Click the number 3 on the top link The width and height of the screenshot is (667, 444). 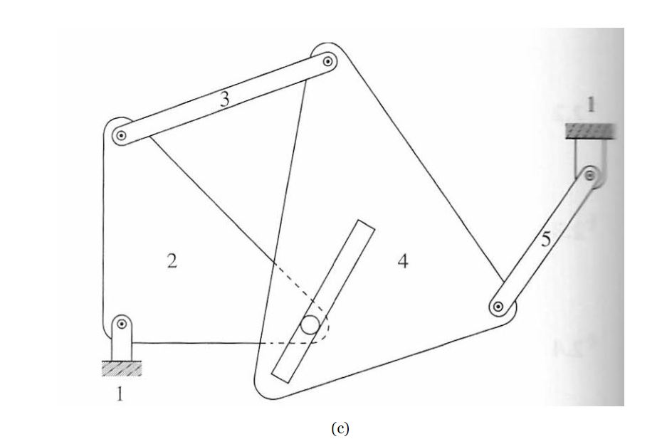click(225, 100)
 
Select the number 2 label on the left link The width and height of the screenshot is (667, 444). click(171, 261)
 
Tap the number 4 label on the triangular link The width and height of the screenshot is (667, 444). click(403, 262)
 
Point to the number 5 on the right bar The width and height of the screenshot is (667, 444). click(546, 240)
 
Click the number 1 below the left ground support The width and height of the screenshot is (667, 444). click(120, 393)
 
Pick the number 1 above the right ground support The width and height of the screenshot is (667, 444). click(590, 105)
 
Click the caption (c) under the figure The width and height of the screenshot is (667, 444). click(340, 428)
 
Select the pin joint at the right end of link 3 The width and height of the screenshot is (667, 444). click(327, 62)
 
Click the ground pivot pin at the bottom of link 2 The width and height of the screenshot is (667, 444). click(122, 325)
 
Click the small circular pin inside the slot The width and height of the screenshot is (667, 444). click(310, 324)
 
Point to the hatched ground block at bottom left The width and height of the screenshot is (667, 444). click(122, 367)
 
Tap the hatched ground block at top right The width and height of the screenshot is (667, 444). click(589, 131)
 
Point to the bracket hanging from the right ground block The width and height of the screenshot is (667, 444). click(585, 157)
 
